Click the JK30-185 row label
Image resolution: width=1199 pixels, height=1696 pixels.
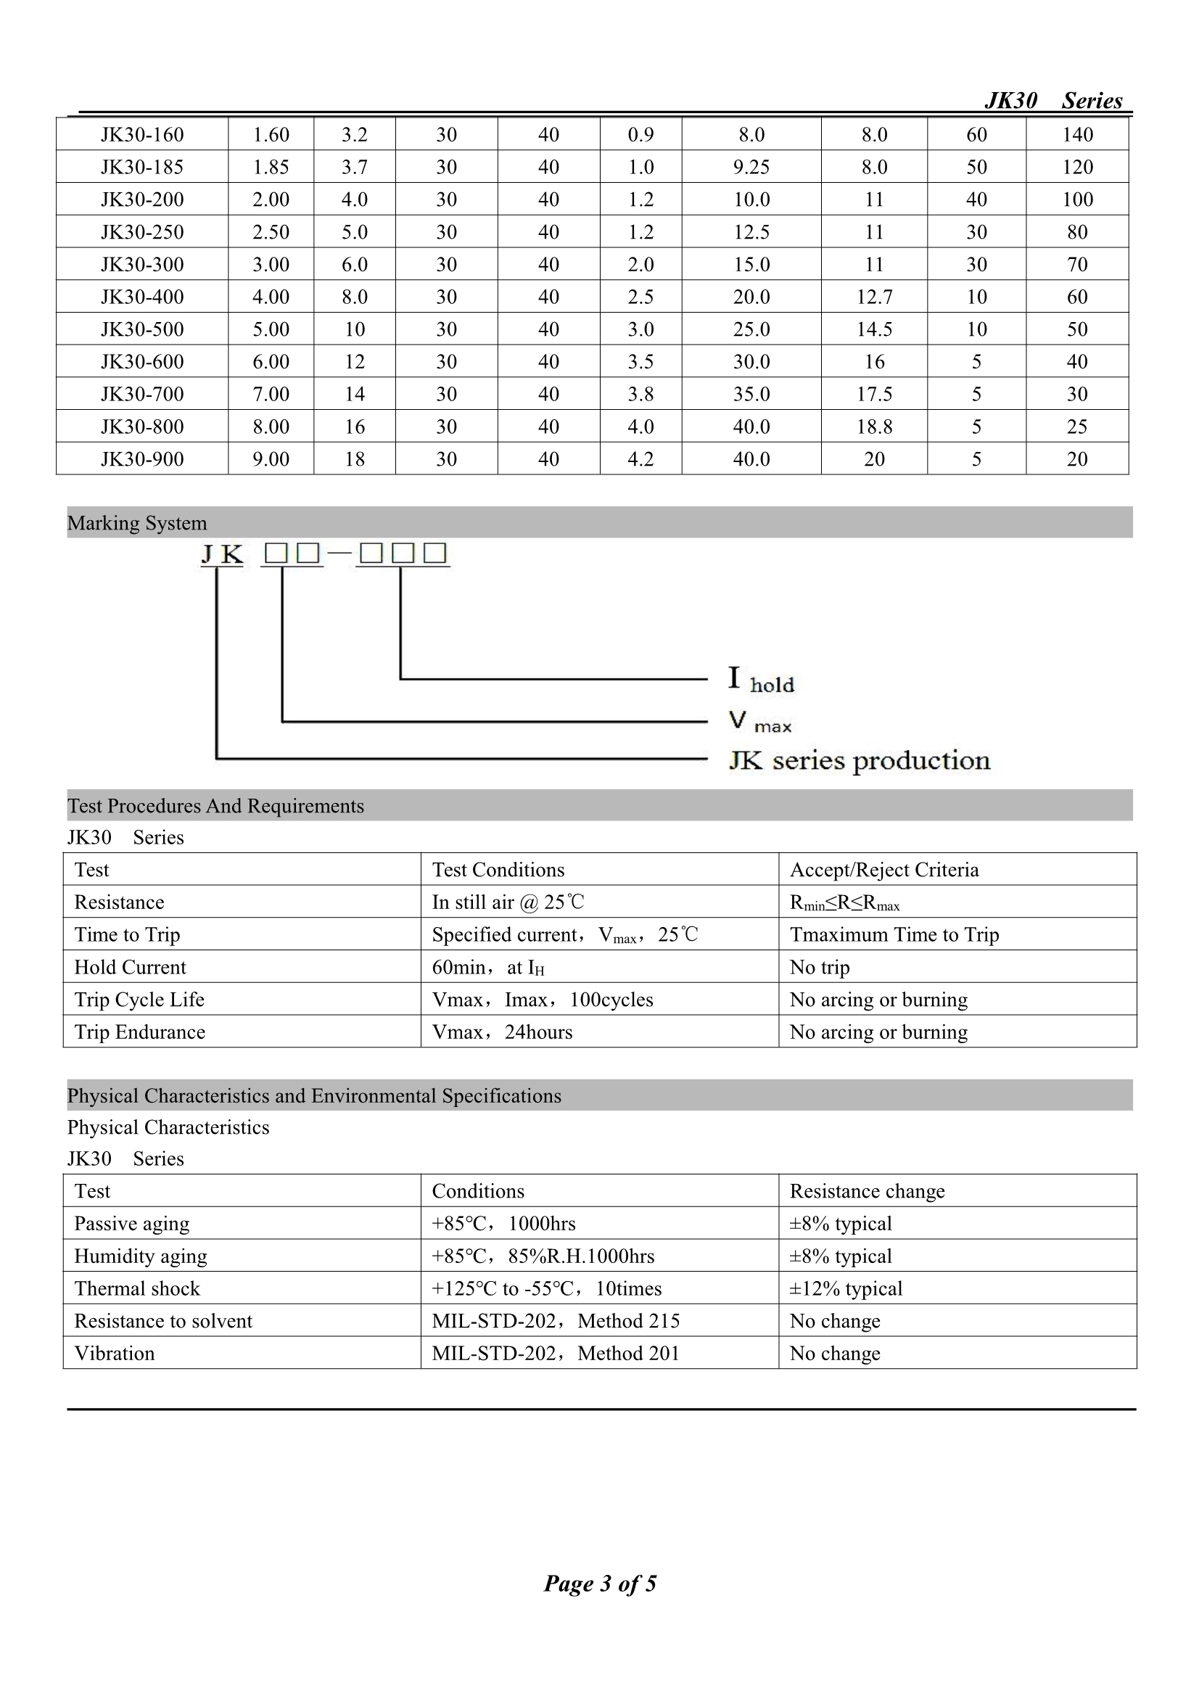tap(142, 167)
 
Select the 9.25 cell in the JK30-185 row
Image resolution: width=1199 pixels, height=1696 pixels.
tap(751, 167)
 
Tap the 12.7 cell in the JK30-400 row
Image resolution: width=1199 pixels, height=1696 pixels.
tap(874, 297)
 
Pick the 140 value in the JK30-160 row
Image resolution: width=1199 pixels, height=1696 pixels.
tap(1077, 134)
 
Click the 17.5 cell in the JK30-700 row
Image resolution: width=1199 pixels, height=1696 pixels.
tap(874, 395)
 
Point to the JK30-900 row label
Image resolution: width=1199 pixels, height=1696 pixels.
tap(142, 459)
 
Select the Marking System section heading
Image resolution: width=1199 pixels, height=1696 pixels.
tap(137, 523)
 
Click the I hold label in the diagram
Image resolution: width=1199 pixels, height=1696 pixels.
tap(761, 679)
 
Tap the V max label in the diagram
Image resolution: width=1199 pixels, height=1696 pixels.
tap(759, 721)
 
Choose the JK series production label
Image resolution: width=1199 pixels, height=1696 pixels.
tap(859, 760)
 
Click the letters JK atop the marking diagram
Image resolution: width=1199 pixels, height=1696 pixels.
tap(223, 554)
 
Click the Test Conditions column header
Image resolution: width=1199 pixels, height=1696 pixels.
tap(498, 870)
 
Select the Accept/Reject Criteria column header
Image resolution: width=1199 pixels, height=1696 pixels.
tap(884, 870)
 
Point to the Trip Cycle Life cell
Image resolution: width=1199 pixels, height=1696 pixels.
tap(139, 1000)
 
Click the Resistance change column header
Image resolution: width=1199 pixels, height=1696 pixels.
tap(868, 1190)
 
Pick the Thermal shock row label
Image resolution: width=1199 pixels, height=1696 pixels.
tap(136, 1288)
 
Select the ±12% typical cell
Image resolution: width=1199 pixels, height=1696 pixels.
tap(846, 1288)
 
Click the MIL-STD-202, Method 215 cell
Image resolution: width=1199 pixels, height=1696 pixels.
tap(556, 1321)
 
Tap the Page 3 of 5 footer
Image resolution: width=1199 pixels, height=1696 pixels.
tap(600, 1583)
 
